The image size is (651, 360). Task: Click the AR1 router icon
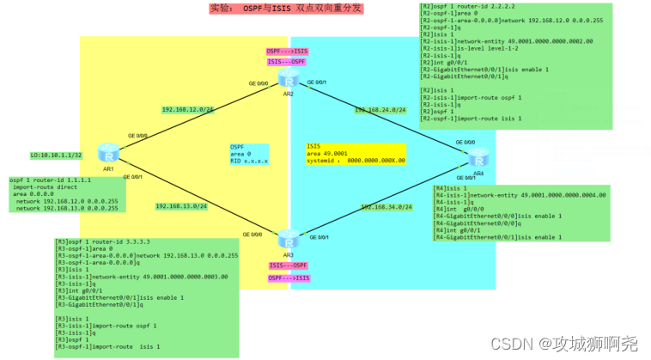tap(109, 154)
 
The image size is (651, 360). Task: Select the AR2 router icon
tap(287, 81)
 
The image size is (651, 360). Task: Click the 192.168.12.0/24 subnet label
tap(188, 110)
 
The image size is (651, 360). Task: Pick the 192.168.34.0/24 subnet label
tap(386, 207)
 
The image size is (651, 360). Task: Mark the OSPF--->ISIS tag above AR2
tap(288, 52)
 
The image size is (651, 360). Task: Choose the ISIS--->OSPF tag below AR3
tap(288, 265)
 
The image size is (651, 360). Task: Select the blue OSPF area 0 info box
tap(249, 153)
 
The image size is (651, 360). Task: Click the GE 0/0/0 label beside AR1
tap(137, 136)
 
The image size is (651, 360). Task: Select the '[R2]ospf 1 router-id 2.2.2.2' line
tap(471, 6)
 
